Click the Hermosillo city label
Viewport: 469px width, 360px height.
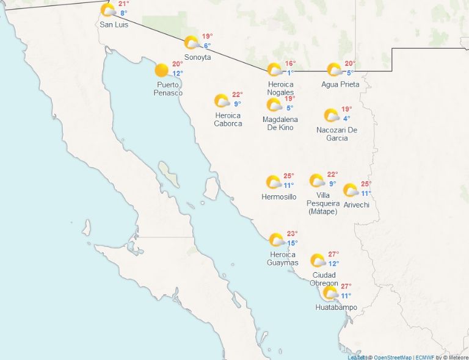pyautogui.click(x=278, y=197)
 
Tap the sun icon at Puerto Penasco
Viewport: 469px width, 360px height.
pyautogui.click(x=161, y=70)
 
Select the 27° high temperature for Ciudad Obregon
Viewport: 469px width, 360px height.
pyautogui.click(x=333, y=254)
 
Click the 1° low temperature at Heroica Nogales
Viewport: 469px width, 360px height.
pyautogui.click(x=291, y=73)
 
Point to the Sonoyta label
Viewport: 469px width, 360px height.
pyautogui.click(x=197, y=57)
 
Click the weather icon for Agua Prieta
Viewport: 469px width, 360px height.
pyautogui.click(x=334, y=70)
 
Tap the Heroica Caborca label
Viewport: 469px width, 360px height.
pyautogui.click(x=228, y=120)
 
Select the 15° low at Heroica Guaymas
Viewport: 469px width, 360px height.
pyautogui.click(x=293, y=243)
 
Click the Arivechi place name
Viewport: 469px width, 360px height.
pyautogui.click(x=357, y=205)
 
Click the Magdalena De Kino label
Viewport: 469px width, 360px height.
pyautogui.click(x=280, y=123)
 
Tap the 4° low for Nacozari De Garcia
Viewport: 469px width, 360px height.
pyautogui.click(x=346, y=119)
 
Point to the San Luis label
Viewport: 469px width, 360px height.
pyautogui.click(x=114, y=25)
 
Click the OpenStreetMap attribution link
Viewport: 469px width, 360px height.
pyautogui.click(x=392, y=357)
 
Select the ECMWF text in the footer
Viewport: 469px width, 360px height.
pyautogui.click(x=424, y=357)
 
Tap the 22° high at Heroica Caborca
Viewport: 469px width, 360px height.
pyautogui.click(x=238, y=95)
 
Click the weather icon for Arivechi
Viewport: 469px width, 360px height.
pyautogui.click(x=350, y=190)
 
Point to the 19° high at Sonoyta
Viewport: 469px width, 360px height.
pyautogui.click(x=207, y=36)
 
